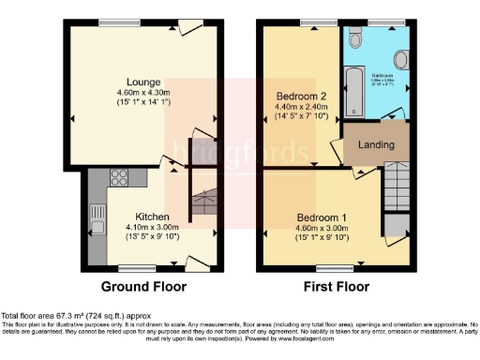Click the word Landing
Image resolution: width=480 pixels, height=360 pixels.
click(375, 144)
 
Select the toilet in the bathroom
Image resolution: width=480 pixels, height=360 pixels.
click(354, 40)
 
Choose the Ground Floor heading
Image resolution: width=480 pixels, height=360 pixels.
click(143, 286)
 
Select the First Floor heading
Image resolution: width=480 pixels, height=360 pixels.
click(335, 286)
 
